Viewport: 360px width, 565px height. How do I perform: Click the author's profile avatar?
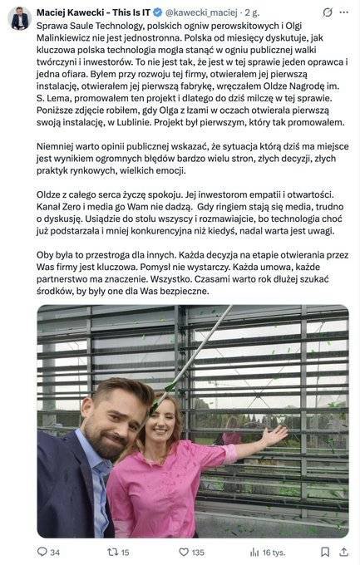pos(19,17)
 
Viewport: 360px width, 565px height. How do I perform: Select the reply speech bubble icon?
pos(42,552)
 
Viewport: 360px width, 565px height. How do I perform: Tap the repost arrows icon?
pos(112,552)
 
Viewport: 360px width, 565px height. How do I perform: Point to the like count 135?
pos(198,552)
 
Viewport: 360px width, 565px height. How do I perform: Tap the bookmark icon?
pos(325,552)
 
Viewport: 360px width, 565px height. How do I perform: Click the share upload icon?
pos(345,552)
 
